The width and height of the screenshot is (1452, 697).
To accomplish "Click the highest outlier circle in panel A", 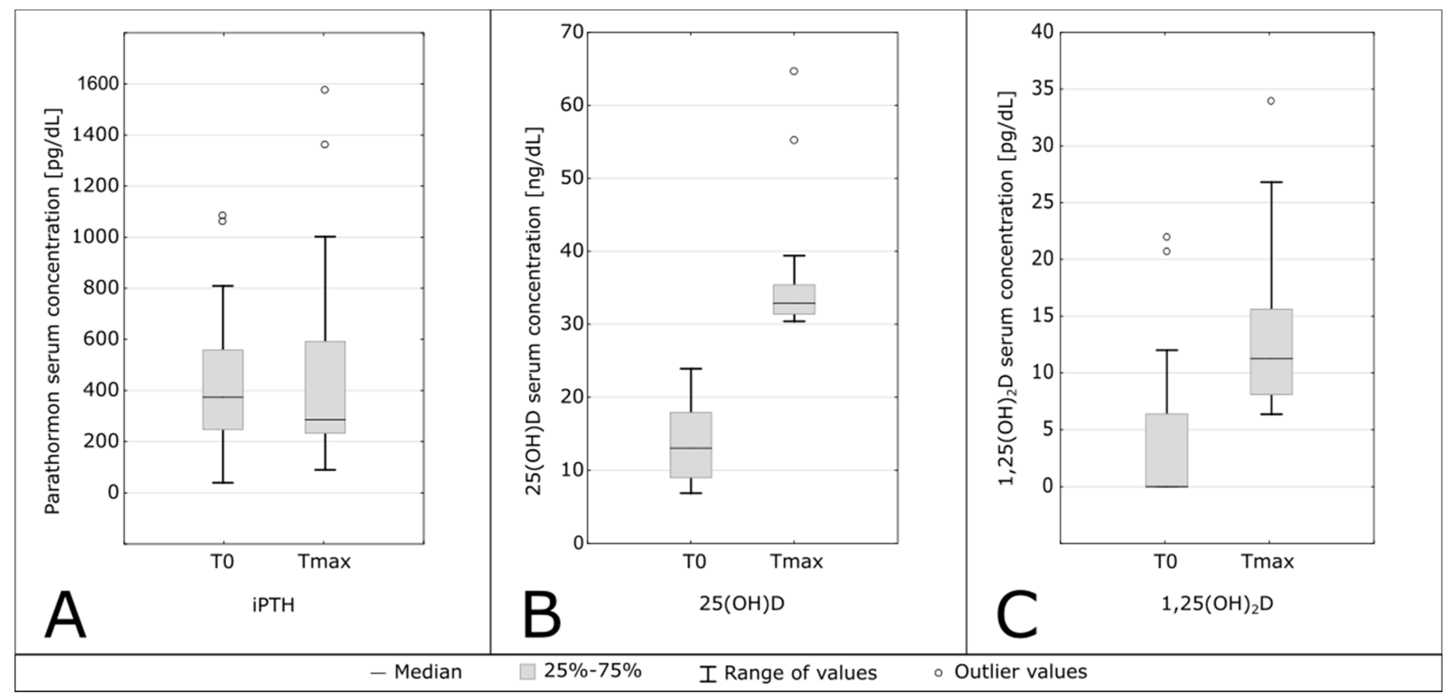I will point(325,90).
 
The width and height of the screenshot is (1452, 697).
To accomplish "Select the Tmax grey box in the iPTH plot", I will point(325,387).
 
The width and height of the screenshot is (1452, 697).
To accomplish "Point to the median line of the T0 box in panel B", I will point(690,448).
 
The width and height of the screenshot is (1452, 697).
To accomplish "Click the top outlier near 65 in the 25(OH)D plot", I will point(794,71).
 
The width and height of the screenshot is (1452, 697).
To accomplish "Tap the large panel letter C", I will point(1017,615).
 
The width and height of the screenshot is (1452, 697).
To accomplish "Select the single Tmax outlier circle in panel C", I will point(1270,101).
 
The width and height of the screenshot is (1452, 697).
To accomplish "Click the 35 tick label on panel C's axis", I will point(1042,89).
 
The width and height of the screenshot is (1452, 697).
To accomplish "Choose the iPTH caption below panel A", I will point(274,605).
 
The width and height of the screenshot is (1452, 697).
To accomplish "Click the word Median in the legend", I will point(428,672).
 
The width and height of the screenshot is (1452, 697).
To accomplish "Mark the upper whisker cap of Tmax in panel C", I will point(1270,182).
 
